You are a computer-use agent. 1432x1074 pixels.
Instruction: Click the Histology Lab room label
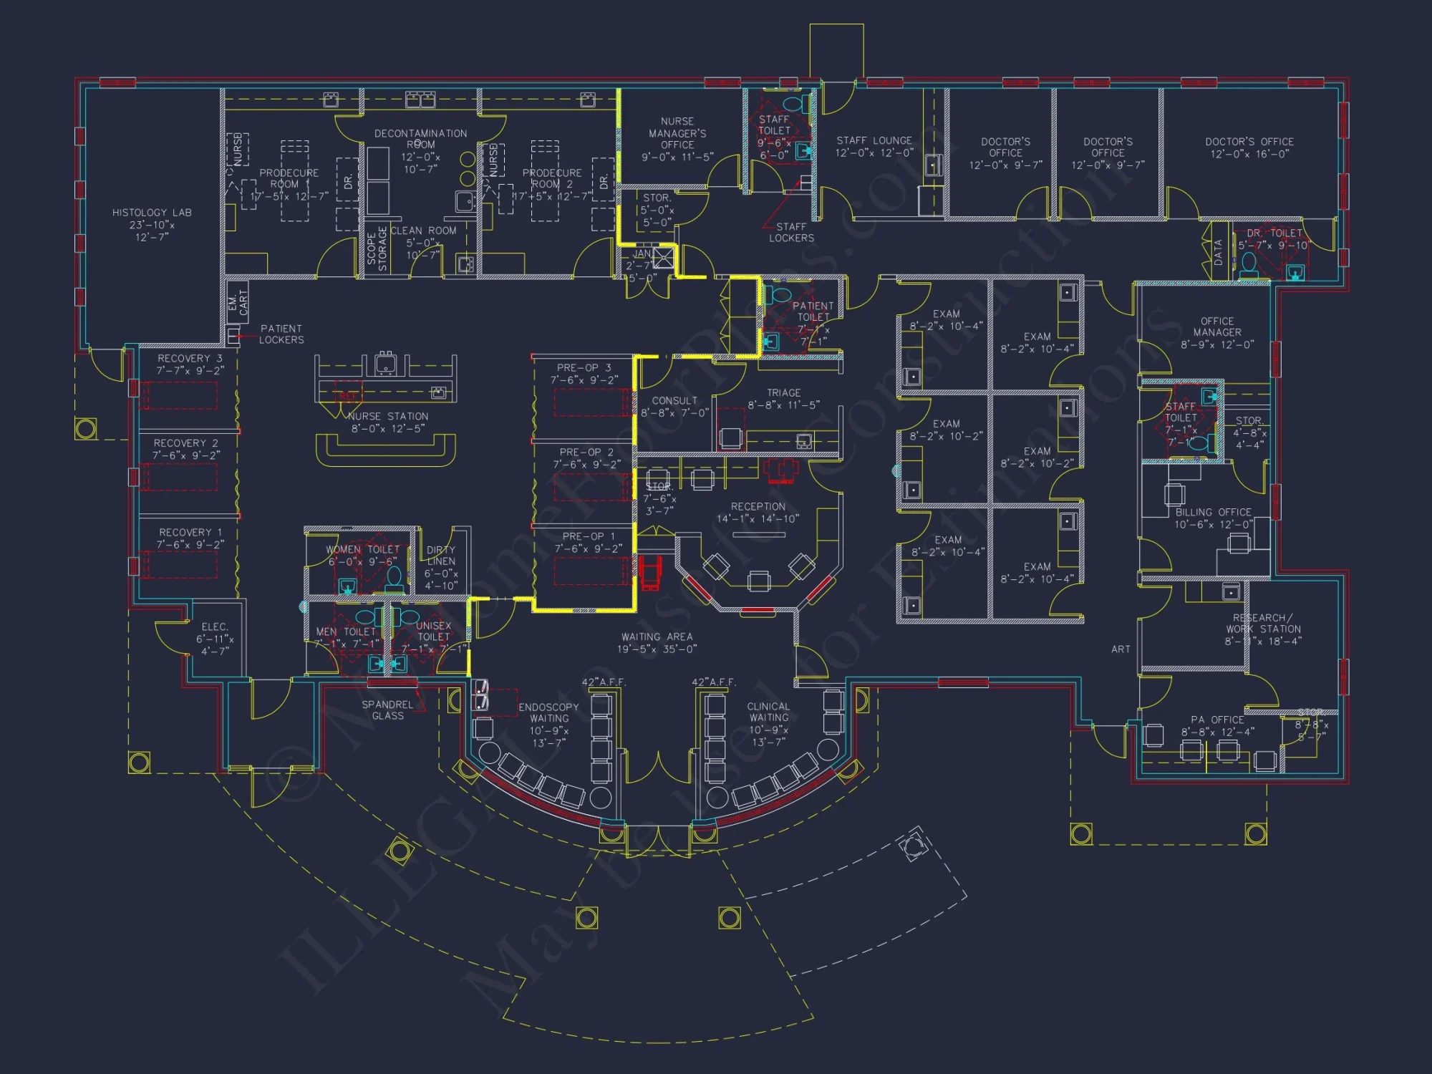pyautogui.click(x=152, y=213)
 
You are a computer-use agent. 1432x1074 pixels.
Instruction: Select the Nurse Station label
pyautogui.click(x=388, y=416)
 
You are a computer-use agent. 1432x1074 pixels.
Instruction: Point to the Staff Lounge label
pyautogui.click(x=874, y=141)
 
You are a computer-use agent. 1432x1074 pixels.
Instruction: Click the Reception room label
pyautogui.click(x=758, y=506)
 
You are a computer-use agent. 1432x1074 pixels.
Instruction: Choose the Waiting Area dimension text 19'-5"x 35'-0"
pyautogui.click(x=657, y=649)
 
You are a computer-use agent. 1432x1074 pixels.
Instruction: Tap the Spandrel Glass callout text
pyautogui.click(x=387, y=710)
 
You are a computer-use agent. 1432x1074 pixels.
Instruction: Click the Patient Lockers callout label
pyautogui.click(x=281, y=334)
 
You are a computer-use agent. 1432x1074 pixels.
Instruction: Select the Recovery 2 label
pyautogui.click(x=185, y=443)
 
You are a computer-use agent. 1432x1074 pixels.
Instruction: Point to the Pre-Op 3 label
pyautogui.click(x=584, y=367)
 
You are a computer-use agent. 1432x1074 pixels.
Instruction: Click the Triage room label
pyautogui.click(x=783, y=393)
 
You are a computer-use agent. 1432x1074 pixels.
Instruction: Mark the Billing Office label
pyautogui.click(x=1213, y=513)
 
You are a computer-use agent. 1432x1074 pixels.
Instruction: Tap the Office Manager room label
pyautogui.click(x=1216, y=326)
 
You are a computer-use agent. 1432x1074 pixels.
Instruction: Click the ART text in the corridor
pyautogui.click(x=1121, y=649)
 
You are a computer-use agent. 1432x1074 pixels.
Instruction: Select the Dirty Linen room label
pyautogui.click(x=440, y=556)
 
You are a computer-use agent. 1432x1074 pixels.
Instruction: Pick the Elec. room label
pyautogui.click(x=215, y=626)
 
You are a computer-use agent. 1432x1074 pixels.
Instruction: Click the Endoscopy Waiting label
pyautogui.click(x=548, y=712)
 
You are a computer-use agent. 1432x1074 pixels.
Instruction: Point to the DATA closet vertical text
pyautogui.click(x=1218, y=252)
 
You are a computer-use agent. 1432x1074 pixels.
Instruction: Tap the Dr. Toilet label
pyautogui.click(x=1274, y=233)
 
